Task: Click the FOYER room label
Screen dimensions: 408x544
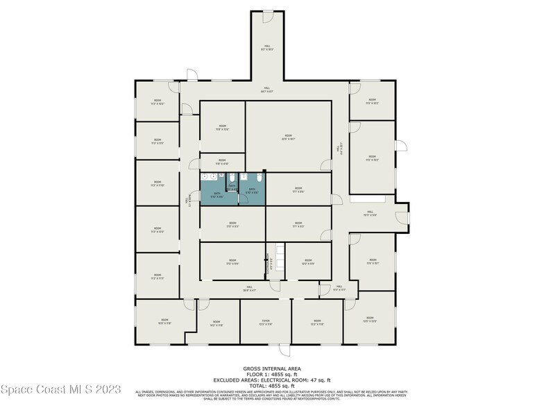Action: (x=265, y=323)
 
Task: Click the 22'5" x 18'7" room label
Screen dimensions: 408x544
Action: (x=289, y=137)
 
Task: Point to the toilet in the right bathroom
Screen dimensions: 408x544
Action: (x=257, y=178)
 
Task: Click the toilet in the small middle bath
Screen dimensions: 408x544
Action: (x=232, y=178)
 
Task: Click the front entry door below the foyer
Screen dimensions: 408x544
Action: (x=281, y=349)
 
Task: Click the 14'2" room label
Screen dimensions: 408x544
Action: (x=216, y=323)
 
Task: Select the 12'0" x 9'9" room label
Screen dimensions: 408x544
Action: (x=307, y=262)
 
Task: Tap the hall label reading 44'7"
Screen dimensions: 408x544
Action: (x=267, y=90)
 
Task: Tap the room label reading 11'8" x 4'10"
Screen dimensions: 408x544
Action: (x=222, y=162)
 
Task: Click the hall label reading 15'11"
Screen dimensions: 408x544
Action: (x=370, y=214)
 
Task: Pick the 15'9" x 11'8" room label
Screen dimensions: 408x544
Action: (x=164, y=322)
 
